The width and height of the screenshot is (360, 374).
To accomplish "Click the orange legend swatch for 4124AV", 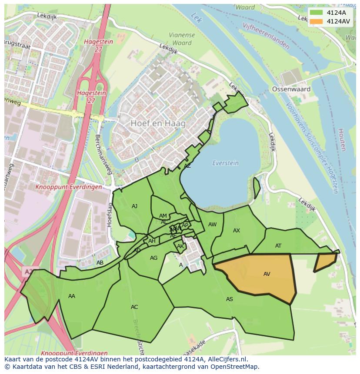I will coord(316,21).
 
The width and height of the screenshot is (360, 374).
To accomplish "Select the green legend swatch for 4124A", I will coord(316,13).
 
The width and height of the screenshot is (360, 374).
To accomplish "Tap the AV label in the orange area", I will coord(267,274).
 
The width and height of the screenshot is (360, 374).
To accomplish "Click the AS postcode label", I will coord(229,299).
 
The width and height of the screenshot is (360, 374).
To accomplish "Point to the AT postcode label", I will coord(278,246).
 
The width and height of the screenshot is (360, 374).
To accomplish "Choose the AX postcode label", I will coord(237,231).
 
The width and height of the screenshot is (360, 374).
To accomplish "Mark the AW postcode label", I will coord(212,225).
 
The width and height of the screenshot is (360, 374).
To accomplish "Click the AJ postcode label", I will coord(134,206).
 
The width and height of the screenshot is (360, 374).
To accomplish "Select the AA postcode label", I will coord(72,296).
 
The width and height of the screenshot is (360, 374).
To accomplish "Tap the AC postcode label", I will coord(134,307).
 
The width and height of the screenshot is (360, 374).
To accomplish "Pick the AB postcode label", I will coord(100,263).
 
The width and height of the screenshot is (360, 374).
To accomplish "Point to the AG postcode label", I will coord(153,258).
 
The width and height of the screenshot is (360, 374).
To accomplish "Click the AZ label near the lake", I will coord(187,166).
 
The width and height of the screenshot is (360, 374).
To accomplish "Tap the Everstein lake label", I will coord(225,163).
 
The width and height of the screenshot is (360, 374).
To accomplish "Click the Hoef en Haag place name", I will coord(158,123).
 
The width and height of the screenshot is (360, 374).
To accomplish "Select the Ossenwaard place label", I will coord(291,89).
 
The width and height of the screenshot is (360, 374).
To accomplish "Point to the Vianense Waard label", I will coord(182,39).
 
